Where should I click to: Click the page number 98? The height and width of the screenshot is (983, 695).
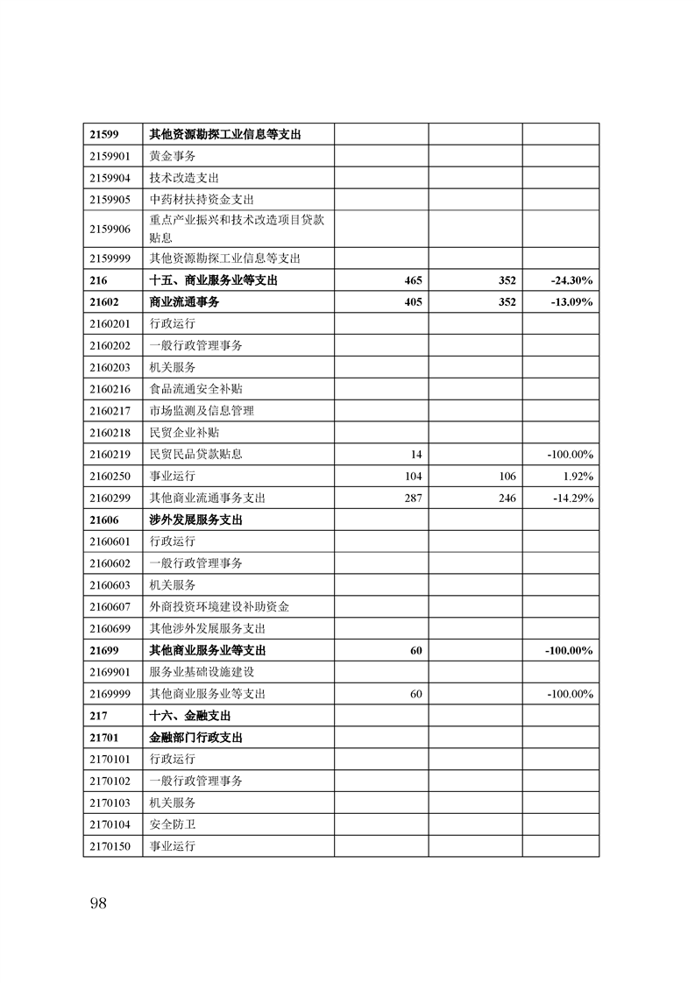[97, 903]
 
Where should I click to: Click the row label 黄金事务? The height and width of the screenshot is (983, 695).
[173, 156]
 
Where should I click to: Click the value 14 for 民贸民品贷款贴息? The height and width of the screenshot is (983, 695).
[416, 455]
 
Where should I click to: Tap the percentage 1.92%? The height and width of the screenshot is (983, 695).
[578, 477]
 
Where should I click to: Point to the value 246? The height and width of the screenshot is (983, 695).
[507, 498]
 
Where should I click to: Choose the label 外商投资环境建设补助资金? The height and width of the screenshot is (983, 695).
[219, 606]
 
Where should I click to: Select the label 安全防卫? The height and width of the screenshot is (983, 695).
[173, 824]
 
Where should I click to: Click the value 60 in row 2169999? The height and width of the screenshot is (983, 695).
[416, 694]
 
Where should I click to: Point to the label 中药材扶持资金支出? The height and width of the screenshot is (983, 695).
[202, 200]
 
